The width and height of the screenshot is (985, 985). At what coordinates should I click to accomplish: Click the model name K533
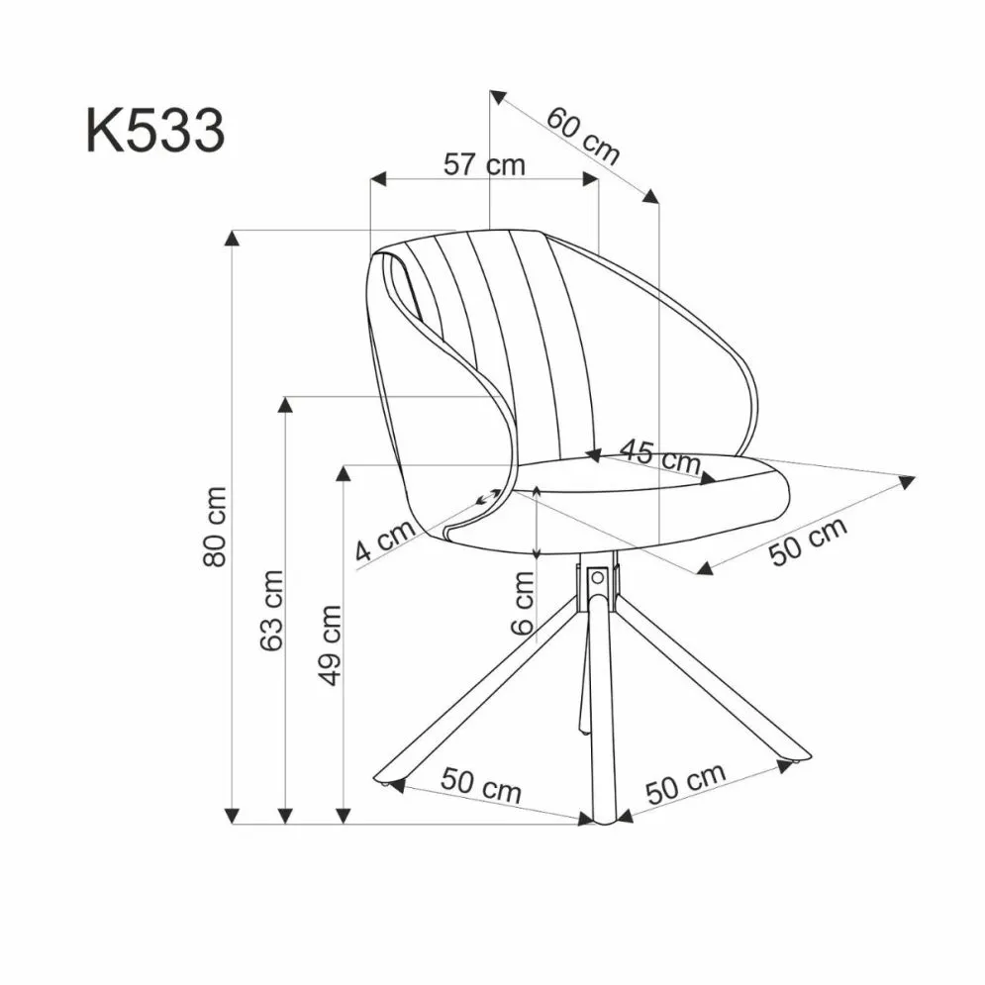(x=155, y=131)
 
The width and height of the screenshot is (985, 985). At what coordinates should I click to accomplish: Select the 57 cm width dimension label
(x=484, y=164)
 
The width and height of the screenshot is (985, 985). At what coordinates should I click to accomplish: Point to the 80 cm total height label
(x=215, y=526)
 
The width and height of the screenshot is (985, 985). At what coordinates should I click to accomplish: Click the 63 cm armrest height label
(x=271, y=609)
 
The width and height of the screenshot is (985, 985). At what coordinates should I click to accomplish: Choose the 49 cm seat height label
(x=330, y=644)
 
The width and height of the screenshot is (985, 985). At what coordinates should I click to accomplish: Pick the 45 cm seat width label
(x=659, y=457)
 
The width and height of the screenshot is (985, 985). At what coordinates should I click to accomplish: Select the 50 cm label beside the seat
(x=809, y=542)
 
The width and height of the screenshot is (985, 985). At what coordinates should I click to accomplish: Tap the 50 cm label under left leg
(x=481, y=788)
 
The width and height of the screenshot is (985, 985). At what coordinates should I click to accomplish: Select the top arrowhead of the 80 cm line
(x=233, y=237)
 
